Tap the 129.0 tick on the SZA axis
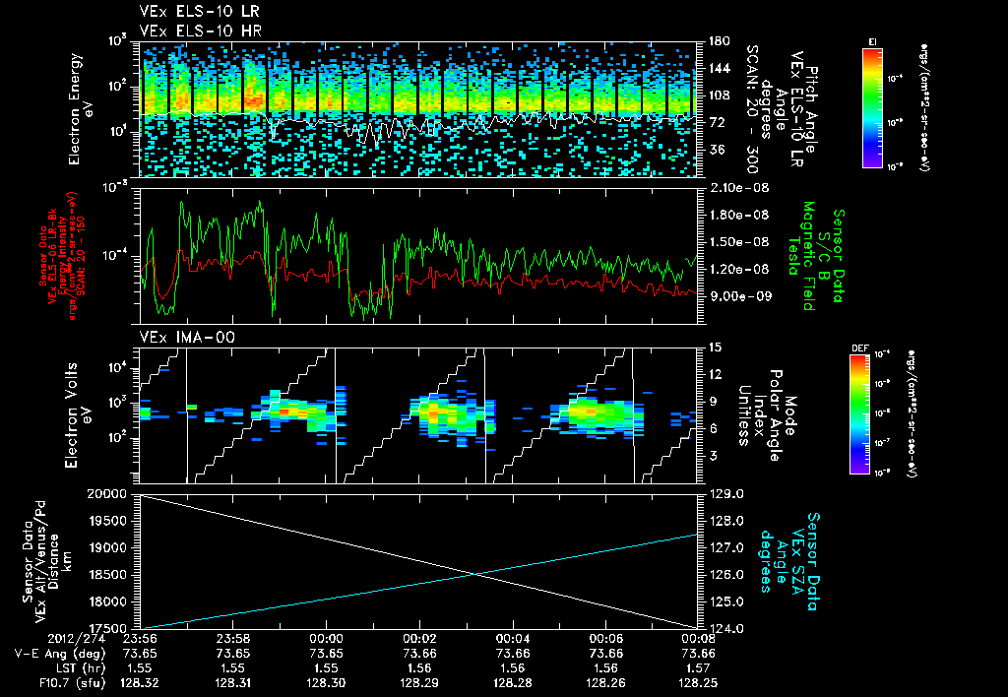[x=723, y=493]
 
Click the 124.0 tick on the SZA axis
[x=723, y=628]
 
